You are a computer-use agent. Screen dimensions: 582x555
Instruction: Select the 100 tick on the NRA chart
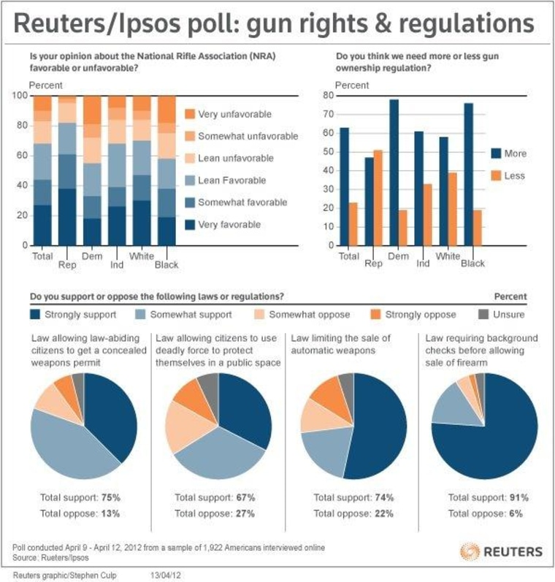20,96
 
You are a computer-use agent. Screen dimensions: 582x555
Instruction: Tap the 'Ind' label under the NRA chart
117,264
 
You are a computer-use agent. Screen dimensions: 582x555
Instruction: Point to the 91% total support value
519,497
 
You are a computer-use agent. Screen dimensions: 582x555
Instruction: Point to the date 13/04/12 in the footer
164,575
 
